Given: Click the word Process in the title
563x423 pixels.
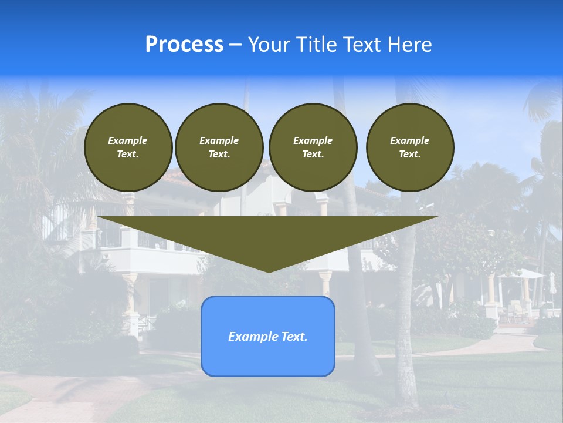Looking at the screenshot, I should pyautogui.click(x=184, y=45).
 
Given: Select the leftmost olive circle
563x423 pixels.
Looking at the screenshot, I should pyautogui.click(x=128, y=147).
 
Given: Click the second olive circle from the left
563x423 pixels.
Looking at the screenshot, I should pyautogui.click(x=219, y=147).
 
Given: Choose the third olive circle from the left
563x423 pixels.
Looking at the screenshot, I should pyautogui.click(x=313, y=147).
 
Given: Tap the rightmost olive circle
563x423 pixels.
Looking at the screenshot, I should pyautogui.click(x=410, y=147).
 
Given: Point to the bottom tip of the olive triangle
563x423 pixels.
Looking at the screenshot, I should pyautogui.click(x=269, y=271).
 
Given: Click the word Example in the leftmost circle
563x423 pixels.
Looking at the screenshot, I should pyautogui.click(x=128, y=140).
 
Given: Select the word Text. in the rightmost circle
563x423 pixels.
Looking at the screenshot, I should pyautogui.click(x=410, y=154).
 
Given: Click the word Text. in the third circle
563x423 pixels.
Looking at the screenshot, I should pyautogui.click(x=313, y=154).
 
